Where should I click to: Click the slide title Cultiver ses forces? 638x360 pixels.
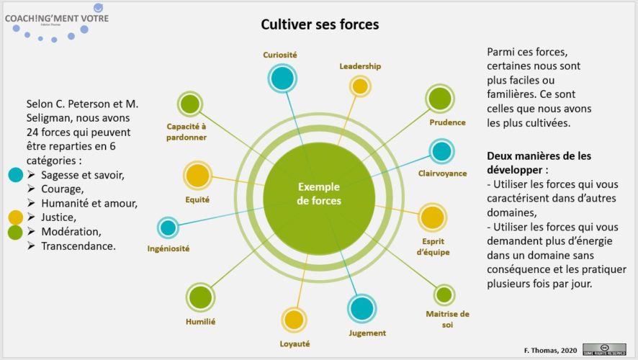pos(320,24)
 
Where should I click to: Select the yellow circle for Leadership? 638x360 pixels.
pos(360,86)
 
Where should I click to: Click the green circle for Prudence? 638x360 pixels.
pos(439,99)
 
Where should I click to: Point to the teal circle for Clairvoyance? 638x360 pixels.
pos(441,151)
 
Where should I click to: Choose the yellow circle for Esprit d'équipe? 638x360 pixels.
pos(432,217)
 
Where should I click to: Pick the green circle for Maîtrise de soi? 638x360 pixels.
pos(444,294)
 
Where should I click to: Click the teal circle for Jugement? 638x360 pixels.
pos(361,308)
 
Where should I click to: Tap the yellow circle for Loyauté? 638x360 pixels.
pos(294,320)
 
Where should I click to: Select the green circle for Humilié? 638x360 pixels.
pos(201,297)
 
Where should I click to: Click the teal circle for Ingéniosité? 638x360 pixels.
pos(168,228)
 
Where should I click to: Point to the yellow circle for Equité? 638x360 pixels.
pos(197,175)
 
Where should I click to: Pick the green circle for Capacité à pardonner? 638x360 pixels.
pos(189,104)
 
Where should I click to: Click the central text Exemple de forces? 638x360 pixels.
pos(319,194)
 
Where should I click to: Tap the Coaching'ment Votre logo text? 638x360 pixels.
pos(57,18)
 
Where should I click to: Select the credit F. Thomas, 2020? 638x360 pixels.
pos(550,350)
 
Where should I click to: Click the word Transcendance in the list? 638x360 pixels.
pos(78,246)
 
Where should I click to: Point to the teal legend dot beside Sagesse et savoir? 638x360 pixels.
pos(15,174)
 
